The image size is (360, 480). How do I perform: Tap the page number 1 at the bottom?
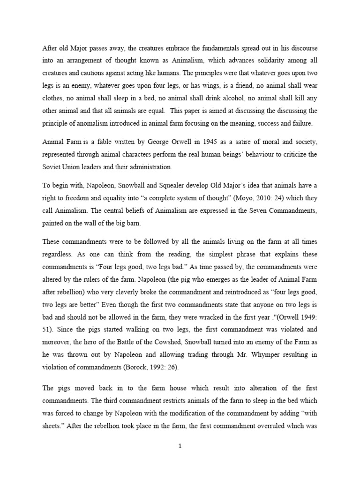[x=180, y=446]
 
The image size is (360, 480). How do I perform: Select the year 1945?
[x=186, y=142]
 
